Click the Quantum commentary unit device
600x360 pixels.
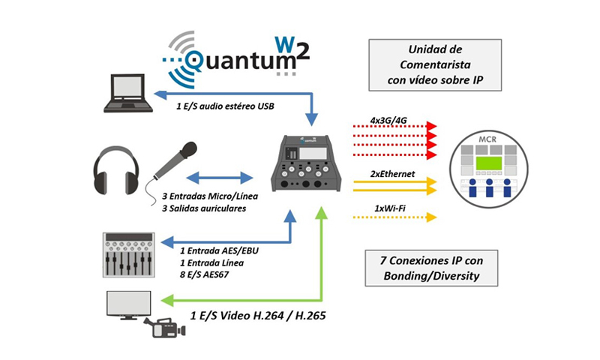(x=306, y=164)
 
